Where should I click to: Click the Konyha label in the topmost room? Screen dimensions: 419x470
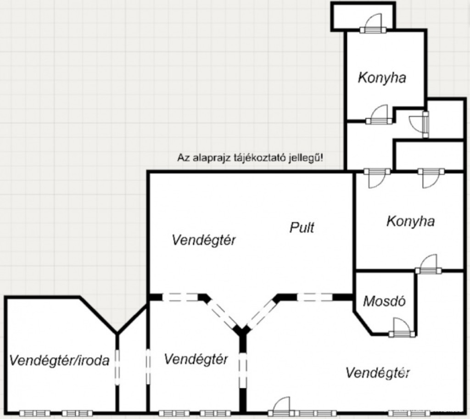click(x=382, y=78)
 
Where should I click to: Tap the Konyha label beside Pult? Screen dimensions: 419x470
click(x=410, y=221)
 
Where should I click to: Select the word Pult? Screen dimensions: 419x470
click(x=302, y=227)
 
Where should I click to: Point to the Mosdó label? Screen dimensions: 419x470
click(x=384, y=302)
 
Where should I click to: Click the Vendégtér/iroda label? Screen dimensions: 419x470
click(x=59, y=361)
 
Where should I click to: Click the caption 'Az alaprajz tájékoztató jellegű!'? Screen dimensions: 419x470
click(x=250, y=158)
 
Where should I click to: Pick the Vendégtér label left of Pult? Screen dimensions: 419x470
click(x=204, y=240)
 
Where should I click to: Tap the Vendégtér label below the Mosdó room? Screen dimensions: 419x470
click(x=378, y=372)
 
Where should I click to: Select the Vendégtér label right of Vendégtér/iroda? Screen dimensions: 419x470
click(x=196, y=359)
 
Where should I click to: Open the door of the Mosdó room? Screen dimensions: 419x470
click(x=397, y=329)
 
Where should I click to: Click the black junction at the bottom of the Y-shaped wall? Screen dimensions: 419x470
click(x=243, y=330)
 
